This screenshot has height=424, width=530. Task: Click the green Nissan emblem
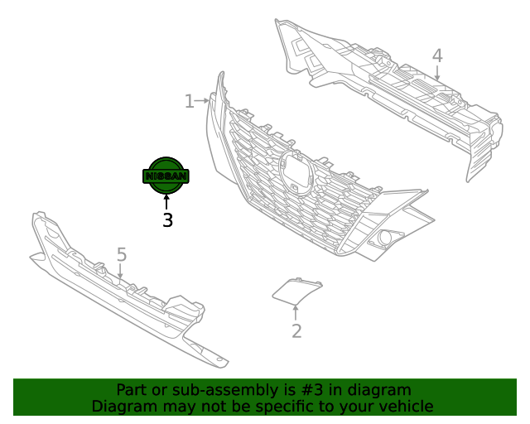pyautogui.click(x=166, y=176)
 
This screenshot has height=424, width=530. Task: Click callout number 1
pyautogui.click(x=190, y=101)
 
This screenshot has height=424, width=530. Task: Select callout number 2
pyautogui.click(x=296, y=331)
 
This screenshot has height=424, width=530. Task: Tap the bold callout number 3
pyautogui.click(x=167, y=220)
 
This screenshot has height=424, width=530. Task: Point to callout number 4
pyautogui.click(x=437, y=55)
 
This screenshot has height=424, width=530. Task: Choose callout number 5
pyautogui.click(x=122, y=254)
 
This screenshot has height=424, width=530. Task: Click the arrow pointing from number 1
pyautogui.click(x=202, y=101)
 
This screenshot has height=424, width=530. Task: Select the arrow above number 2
pyautogui.click(x=296, y=312)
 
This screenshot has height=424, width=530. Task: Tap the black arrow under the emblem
pyautogui.click(x=166, y=202)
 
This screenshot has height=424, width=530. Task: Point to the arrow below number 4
pyautogui.click(x=437, y=73)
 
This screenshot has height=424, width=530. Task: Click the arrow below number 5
pyautogui.click(x=120, y=272)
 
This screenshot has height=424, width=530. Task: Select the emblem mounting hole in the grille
pyautogui.click(x=296, y=173)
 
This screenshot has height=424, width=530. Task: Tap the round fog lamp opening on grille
pyautogui.click(x=384, y=238)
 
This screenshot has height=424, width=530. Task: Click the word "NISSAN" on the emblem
pyautogui.click(x=166, y=176)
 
